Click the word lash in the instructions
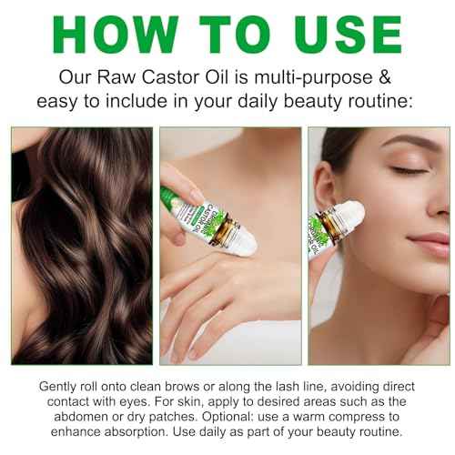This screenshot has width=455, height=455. (294, 387)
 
